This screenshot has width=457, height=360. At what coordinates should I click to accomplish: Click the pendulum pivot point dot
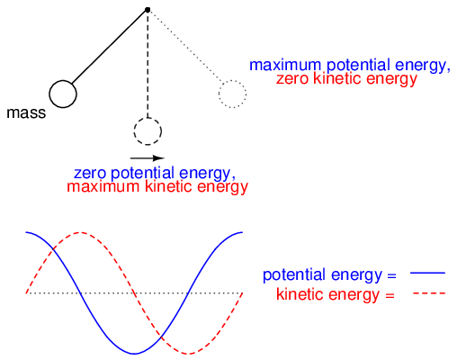[148, 10]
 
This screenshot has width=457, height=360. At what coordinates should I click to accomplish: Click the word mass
[26, 113]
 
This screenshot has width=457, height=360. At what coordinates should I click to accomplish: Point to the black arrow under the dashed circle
[148, 158]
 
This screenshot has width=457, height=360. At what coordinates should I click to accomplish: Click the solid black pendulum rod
[109, 47]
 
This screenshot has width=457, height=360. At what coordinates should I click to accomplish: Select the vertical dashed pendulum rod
[148, 65]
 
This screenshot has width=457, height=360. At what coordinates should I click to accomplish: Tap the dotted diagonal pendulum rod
[185, 46]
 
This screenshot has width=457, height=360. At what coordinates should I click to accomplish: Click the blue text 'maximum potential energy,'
[350, 65]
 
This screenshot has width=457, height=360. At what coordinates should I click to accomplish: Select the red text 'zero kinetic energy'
[346, 79]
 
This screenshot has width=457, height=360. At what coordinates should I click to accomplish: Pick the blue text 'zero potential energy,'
[155, 173]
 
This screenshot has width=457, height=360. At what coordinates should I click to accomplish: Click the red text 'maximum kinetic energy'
[157, 187]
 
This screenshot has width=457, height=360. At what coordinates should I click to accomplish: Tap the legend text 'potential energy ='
[329, 274]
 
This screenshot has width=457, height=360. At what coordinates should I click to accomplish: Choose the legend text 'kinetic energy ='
[336, 294]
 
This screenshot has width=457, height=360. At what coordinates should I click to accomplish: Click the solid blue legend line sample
[427, 273]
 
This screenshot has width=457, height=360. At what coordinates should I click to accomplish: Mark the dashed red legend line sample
[429, 293]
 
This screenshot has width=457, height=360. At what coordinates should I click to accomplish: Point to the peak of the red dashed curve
[80, 232]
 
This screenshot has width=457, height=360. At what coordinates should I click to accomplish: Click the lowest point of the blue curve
[134, 353]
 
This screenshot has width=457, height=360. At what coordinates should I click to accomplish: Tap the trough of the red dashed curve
[188, 354]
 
